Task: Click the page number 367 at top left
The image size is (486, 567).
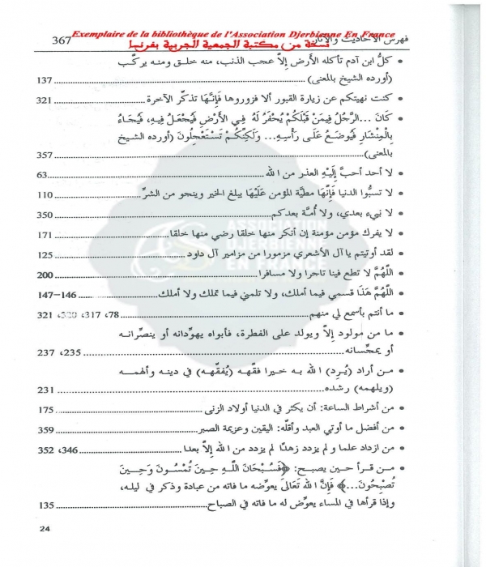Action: click(61, 40)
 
